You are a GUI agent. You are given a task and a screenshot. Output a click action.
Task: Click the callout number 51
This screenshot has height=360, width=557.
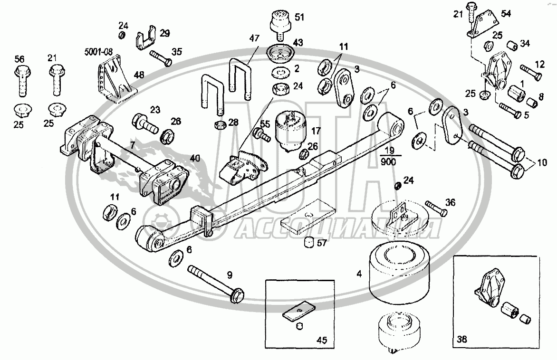[x=299, y=17]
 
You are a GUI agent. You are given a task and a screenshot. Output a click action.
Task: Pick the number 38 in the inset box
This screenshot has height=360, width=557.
[x=462, y=339]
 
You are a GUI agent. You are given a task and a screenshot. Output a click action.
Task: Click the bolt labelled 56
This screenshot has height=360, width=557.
[x=22, y=81]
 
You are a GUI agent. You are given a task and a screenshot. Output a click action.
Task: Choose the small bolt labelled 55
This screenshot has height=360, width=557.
[x=262, y=135]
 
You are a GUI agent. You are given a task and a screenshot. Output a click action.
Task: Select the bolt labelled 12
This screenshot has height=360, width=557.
[x=531, y=72]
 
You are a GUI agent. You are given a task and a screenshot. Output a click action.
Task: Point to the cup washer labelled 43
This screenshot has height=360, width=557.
[x=280, y=53]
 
